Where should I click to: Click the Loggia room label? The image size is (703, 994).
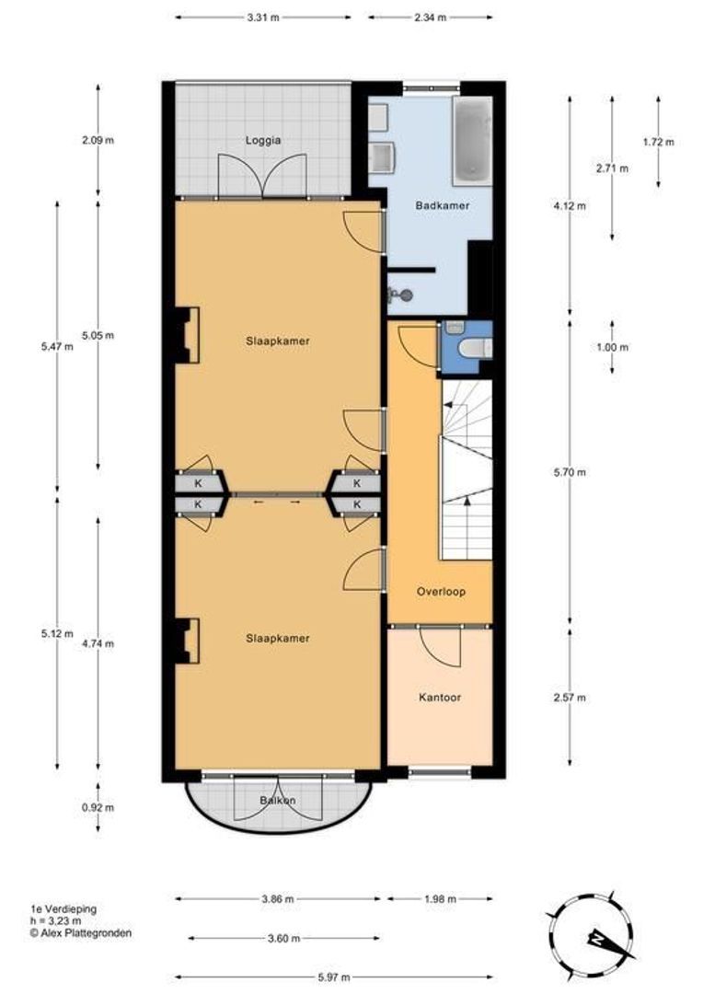click(262, 141)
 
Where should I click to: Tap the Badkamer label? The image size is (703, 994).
click(442, 205)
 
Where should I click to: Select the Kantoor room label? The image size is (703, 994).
click(439, 698)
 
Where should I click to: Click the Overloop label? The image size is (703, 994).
click(440, 592)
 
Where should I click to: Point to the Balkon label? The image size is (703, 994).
click(278, 801)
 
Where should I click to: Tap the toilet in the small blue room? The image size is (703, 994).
click(471, 347)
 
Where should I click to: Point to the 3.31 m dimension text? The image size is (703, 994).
click(262, 17)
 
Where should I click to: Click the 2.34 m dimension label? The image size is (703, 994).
click(430, 17)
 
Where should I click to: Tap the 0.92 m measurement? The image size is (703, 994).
click(98, 808)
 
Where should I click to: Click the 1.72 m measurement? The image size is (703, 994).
click(658, 142)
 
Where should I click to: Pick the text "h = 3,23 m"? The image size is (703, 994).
click(55, 920)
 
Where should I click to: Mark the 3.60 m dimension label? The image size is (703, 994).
click(283, 939)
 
